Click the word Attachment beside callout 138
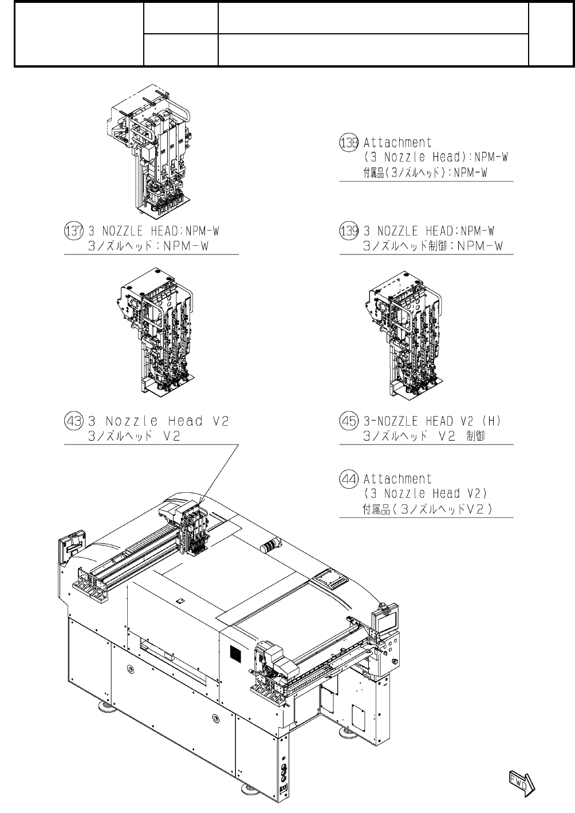pos(397,142)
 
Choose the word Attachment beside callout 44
pos(397,478)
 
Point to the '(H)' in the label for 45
pos(491,421)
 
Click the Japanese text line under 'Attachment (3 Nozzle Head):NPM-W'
pos(425,172)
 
